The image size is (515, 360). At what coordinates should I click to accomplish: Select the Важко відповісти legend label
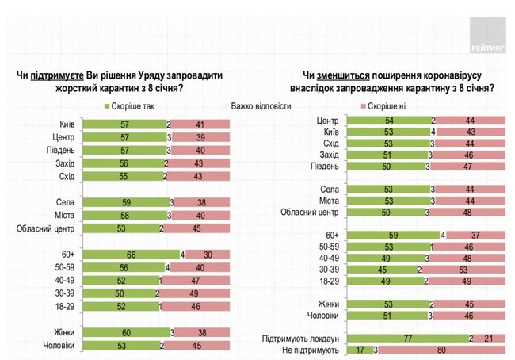[261, 106]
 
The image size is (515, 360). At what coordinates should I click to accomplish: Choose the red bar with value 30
[205, 254]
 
